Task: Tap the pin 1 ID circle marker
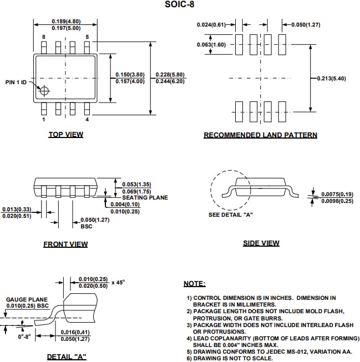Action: (43, 90)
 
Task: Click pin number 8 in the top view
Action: (43, 37)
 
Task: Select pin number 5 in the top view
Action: (87, 37)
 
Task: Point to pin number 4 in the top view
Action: (87, 119)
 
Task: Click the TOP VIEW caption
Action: (65, 134)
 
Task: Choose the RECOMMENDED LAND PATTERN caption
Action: (260, 135)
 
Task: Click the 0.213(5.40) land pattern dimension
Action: (332, 78)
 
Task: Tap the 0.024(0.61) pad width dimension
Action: (212, 24)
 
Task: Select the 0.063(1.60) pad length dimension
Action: (211, 44)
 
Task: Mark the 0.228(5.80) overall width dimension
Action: (170, 75)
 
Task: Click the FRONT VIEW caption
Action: (65, 244)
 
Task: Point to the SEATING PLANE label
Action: (145, 197)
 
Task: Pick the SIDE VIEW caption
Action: (261, 243)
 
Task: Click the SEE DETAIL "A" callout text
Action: (230, 215)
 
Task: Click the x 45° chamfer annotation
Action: (118, 282)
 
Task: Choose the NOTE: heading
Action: (194, 284)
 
